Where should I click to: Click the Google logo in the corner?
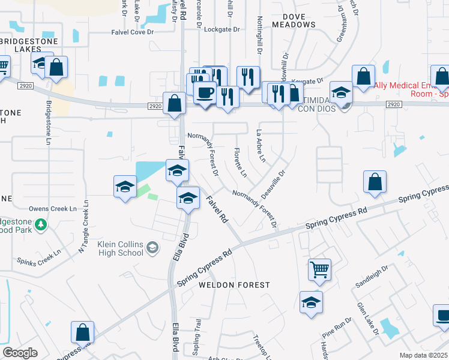pos(20,353)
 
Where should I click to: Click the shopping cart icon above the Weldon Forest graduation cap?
pos(319,269)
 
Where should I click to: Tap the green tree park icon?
pos(41,224)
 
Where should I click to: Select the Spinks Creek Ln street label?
pos(41,259)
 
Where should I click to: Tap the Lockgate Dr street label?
pos(221,29)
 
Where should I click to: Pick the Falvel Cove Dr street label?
pos(133,32)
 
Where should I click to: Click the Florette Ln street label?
pos(240,163)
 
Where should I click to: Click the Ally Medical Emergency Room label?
pos(411,89)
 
